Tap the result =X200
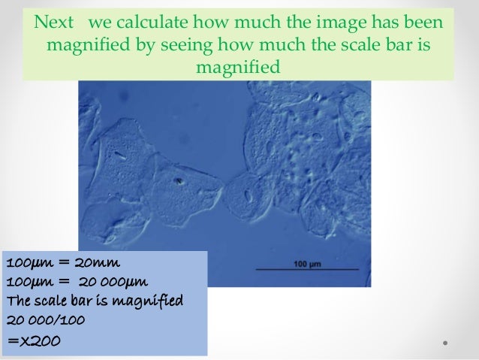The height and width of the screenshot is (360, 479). tap(33, 340)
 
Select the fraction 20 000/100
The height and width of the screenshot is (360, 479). tap(45, 321)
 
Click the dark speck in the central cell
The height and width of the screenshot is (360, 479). tap(179, 180)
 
